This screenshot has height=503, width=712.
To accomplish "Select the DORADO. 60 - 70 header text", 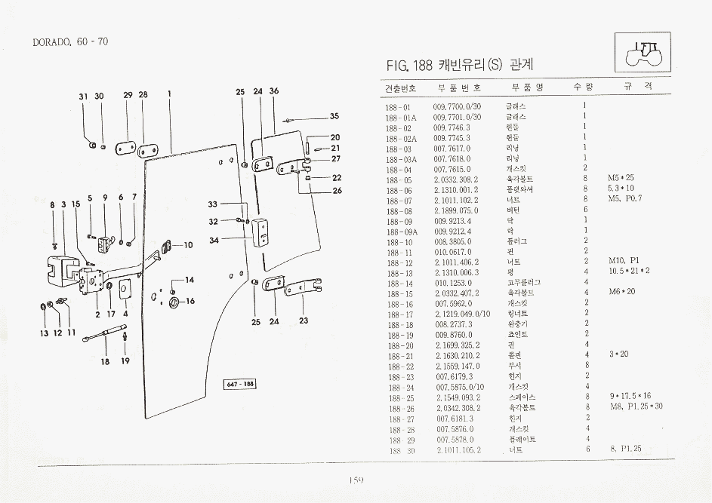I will coord(71,41).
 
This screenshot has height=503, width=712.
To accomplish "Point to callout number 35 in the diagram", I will coord(334,116).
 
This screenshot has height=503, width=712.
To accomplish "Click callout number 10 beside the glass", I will coord(188,244).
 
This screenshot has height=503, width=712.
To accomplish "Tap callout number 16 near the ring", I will coord(190,301).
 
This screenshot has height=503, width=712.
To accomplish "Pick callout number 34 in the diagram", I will coord(214,241).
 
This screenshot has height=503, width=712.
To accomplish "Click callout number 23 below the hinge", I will coord(304,321).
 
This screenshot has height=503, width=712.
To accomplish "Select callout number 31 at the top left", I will coord(84,96).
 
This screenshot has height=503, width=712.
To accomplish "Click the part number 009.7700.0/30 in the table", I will coord(457,107).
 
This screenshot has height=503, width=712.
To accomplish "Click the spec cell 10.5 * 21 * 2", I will coord(628,272).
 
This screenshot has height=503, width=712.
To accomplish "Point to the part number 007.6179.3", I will coord(454,376).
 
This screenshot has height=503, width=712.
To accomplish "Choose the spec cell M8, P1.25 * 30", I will coord(636,407).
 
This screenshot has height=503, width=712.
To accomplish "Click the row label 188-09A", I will coord(399,232).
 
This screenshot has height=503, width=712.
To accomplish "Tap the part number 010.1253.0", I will coord(453,283).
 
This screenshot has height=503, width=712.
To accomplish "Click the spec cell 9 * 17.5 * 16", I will coord(630,397).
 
